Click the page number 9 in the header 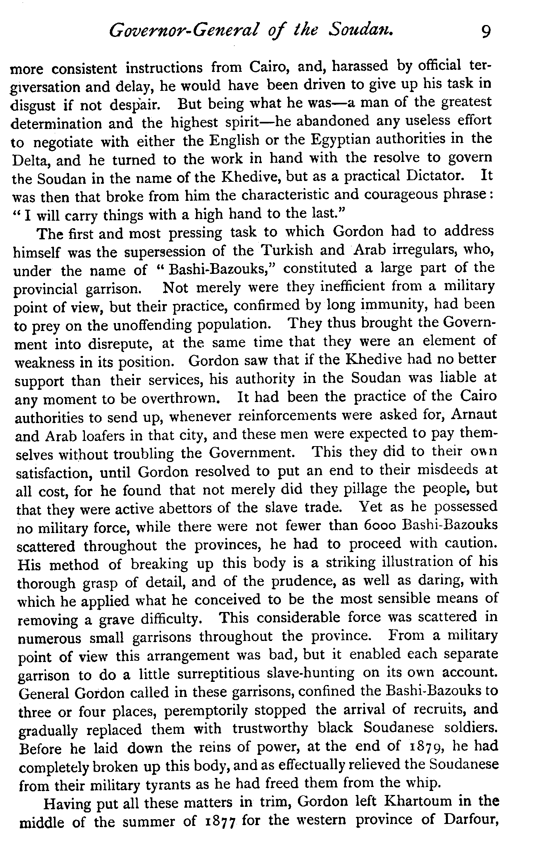click(485, 31)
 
